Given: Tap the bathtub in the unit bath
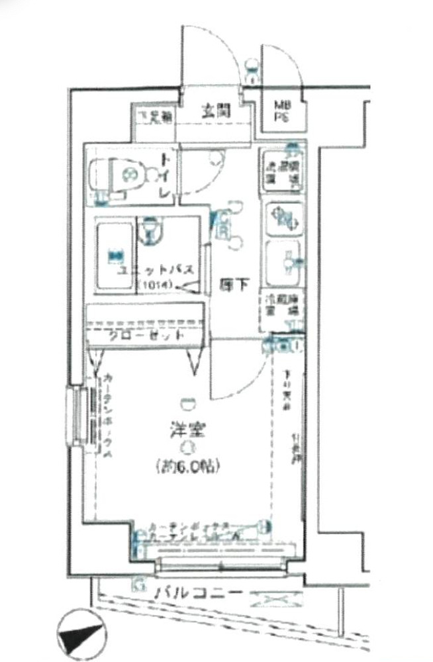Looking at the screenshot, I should (x=115, y=256).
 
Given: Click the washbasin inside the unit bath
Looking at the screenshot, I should (x=152, y=231).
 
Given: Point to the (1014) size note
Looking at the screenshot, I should (x=156, y=285).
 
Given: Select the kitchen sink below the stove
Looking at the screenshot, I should (x=283, y=260).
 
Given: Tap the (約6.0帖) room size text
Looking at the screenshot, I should (x=188, y=465).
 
